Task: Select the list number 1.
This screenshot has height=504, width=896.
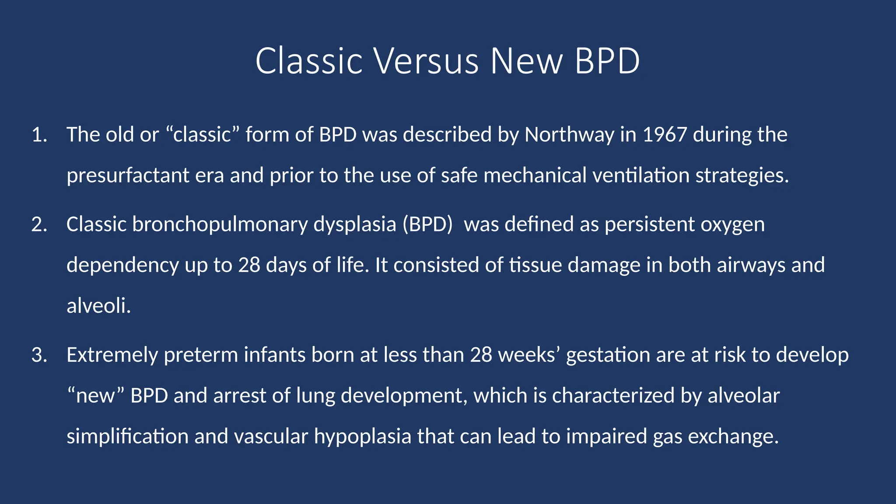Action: click(x=39, y=135)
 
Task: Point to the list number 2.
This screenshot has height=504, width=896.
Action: click(x=39, y=224)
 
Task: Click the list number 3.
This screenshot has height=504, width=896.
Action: click(x=39, y=355)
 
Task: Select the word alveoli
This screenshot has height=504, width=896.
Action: click(x=98, y=305)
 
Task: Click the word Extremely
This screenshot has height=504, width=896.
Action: click(x=112, y=355)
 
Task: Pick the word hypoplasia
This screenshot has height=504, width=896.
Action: click(x=363, y=436)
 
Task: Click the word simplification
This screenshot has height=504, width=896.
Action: click(x=127, y=436)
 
